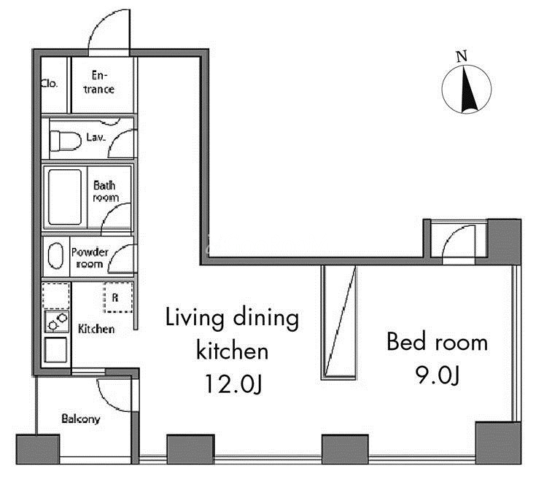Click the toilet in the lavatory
point(66,141)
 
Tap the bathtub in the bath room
point(65,197)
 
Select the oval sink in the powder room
point(55,256)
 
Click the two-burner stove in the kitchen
point(57,322)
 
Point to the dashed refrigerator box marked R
point(118,297)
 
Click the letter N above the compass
point(462,56)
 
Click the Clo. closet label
point(50,83)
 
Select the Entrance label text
point(99,82)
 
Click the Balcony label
point(81,418)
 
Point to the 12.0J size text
point(233,383)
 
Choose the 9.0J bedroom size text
point(438,375)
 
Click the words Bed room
point(438,342)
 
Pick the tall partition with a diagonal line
point(339,323)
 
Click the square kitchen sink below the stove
point(55,350)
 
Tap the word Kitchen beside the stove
point(96,329)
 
